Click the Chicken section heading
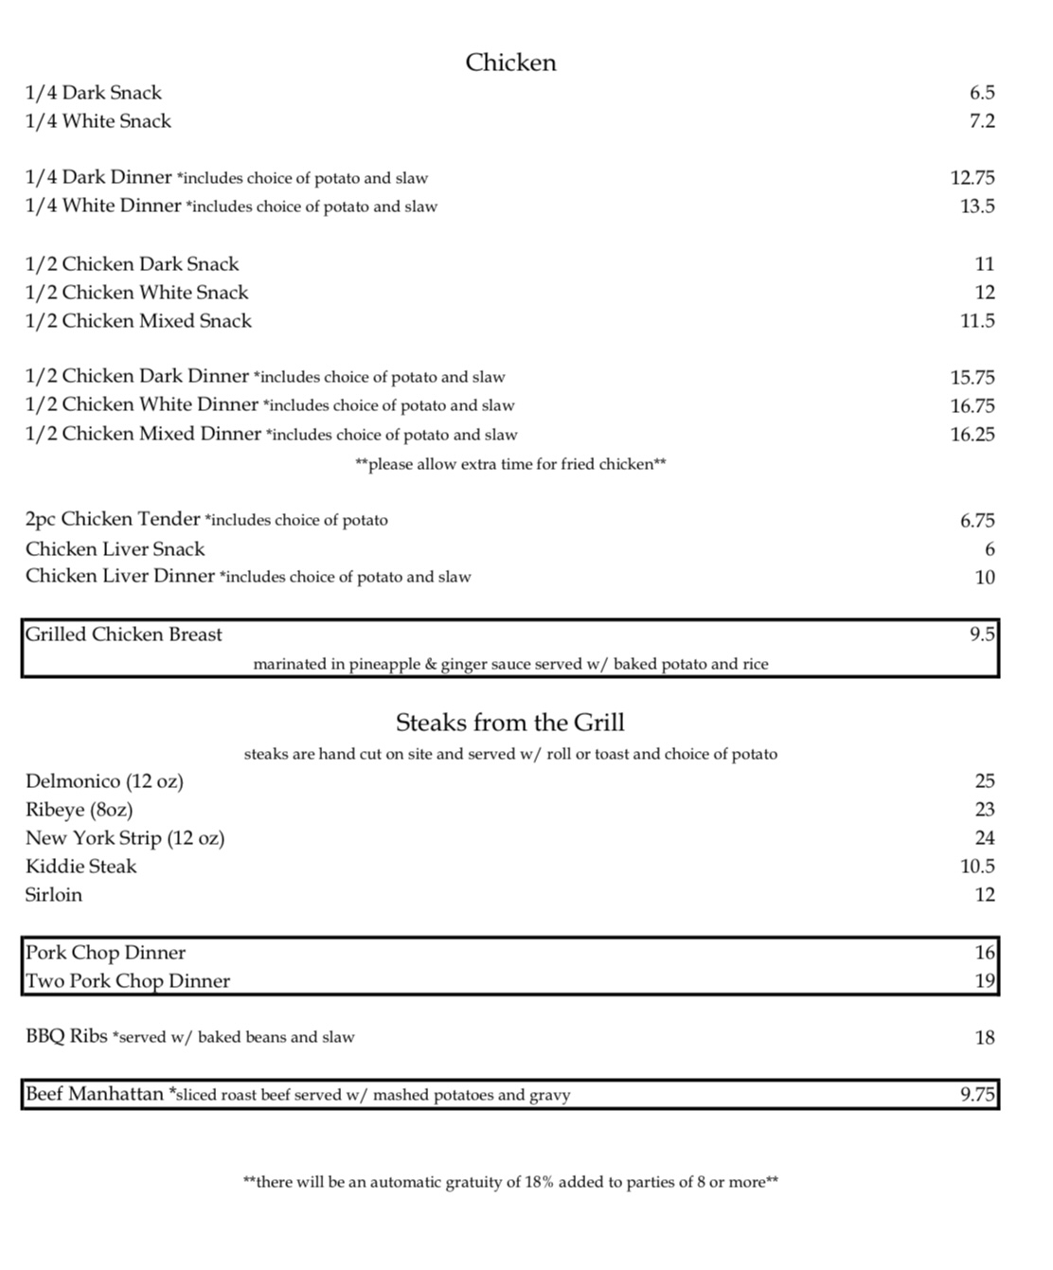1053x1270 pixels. coord(510,63)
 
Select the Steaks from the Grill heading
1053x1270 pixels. coord(510,723)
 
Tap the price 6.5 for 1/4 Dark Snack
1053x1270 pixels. coord(982,93)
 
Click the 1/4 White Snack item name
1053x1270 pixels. coord(98,121)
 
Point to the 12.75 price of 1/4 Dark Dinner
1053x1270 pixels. coord(973,178)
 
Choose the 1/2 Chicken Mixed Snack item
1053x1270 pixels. coord(138,321)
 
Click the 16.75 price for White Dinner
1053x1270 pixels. coord(973,406)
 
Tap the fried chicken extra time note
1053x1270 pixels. coord(510,464)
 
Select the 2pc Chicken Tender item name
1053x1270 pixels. coord(113,519)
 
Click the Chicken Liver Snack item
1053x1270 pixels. coord(116,549)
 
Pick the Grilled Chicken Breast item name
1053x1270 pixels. coord(124,635)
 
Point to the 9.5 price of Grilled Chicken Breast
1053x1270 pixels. coord(982,635)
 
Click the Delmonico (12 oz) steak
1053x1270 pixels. coord(105,781)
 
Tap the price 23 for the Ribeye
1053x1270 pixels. coord(985,810)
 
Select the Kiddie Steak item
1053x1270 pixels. coord(81,867)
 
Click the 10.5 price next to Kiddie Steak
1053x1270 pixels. coord(977,867)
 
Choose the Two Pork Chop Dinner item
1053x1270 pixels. coord(128,981)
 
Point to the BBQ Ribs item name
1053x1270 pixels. coord(66,1036)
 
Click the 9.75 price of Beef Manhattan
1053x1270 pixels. coord(977,1095)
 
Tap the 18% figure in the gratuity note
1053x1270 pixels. coord(540,1182)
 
